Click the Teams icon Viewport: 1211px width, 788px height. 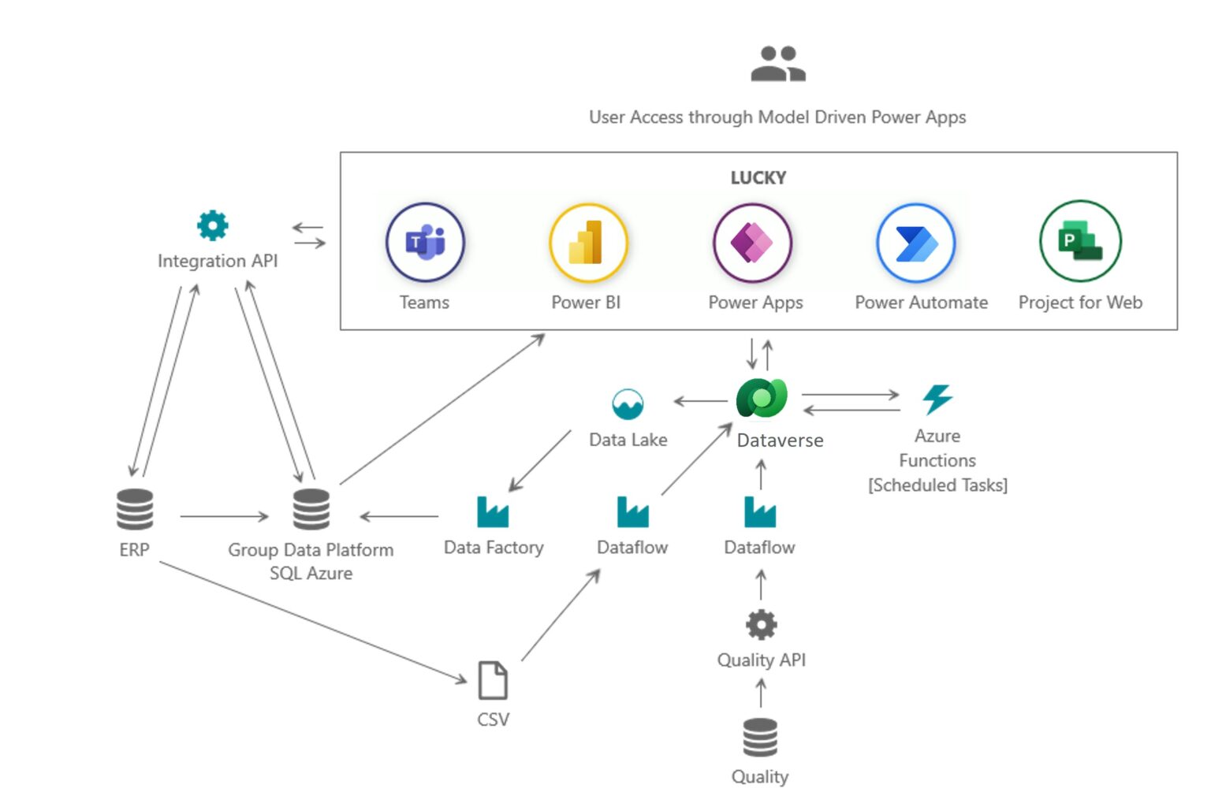[x=425, y=242]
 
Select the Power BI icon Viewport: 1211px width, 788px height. [x=588, y=243]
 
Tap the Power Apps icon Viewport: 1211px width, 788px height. [x=752, y=243]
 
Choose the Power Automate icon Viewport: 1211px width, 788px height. [x=915, y=243]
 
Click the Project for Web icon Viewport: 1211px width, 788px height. [x=1079, y=241]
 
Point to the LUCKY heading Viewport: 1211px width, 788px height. [x=758, y=178]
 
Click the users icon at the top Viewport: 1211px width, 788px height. [x=777, y=64]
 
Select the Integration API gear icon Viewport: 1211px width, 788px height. [x=213, y=225]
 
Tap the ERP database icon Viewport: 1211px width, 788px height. [x=135, y=509]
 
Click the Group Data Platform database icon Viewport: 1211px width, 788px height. [x=311, y=509]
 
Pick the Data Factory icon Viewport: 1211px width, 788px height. [x=493, y=512]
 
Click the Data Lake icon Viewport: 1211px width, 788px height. [x=628, y=404]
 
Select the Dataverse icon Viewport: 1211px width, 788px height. [x=762, y=399]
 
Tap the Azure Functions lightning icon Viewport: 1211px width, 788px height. [x=937, y=399]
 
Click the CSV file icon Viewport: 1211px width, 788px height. [x=493, y=680]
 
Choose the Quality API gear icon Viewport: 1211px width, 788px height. [x=761, y=625]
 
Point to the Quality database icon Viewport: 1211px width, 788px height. [x=760, y=738]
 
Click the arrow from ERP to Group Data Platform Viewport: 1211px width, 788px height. [x=225, y=516]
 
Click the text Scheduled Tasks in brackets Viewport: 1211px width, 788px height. [x=937, y=485]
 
